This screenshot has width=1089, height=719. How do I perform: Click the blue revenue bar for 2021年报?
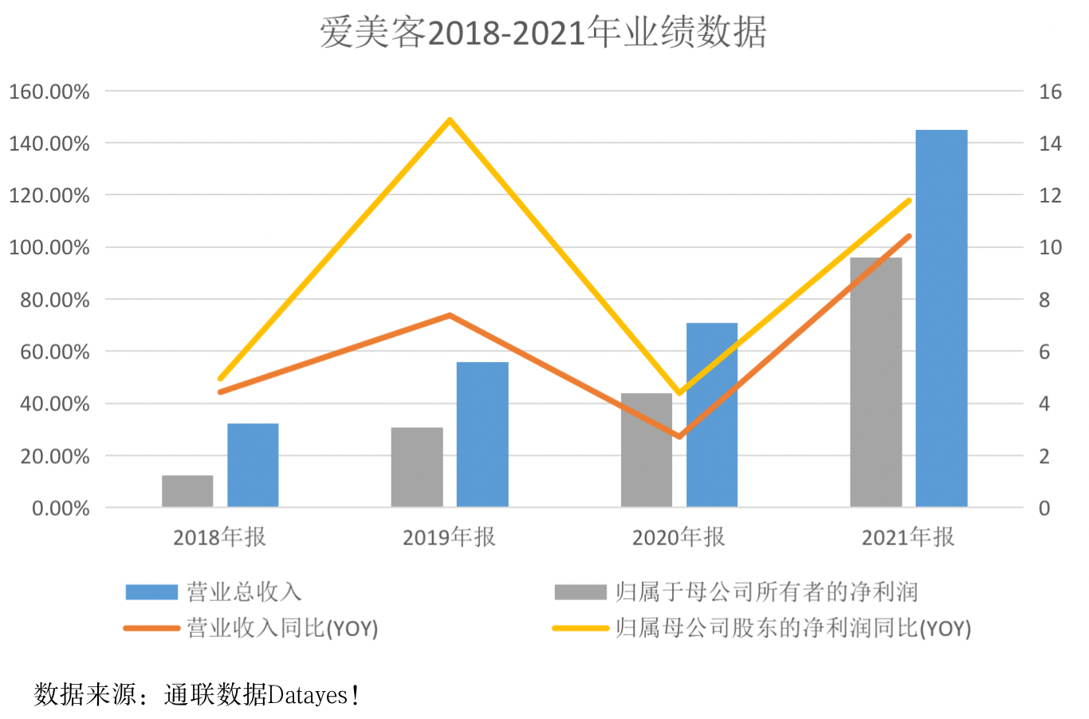tap(941, 319)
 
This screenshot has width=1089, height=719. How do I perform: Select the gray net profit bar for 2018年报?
tap(187, 491)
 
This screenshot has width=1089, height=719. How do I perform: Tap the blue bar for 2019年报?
tap(482, 434)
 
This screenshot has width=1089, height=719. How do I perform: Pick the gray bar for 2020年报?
tap(647, 450)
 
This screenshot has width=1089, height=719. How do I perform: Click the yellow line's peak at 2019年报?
tap(450, 120)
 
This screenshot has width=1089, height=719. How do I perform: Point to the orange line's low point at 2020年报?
tap(679, 437)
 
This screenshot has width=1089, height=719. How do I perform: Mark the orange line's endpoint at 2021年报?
tap(908, 236)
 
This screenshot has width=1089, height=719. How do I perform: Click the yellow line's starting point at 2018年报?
tap(220, 379)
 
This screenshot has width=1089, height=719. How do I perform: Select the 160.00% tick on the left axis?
tap(49, 92)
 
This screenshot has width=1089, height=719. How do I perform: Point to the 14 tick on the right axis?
tap(1050, 143)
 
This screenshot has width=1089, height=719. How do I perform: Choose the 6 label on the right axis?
tap(1044, 352)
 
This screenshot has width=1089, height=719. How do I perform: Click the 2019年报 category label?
tap(449, 537)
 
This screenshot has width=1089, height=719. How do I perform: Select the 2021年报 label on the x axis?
tap(908, 537)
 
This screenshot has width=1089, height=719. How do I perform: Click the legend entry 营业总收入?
tap(243, 591)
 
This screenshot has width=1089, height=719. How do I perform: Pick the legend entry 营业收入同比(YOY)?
tap(281, 628)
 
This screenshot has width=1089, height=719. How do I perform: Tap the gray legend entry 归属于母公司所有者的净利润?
tap(765, 591)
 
